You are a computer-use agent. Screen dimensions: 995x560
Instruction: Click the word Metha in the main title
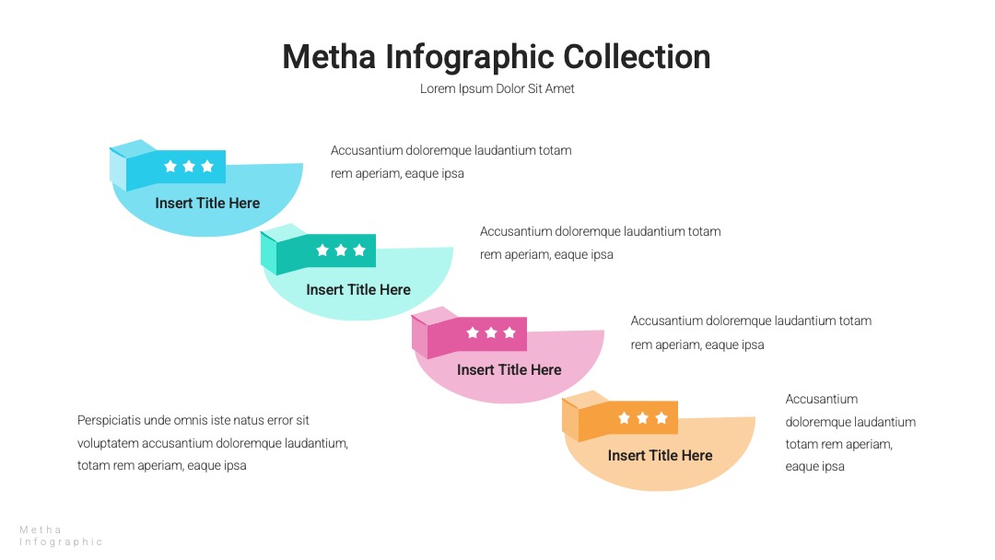point(329,56)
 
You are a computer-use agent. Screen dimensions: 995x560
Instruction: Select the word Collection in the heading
point(637,56)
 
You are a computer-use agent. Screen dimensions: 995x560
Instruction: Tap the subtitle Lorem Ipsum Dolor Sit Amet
point(497,88)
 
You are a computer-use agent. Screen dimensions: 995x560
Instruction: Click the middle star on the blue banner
point(189,166)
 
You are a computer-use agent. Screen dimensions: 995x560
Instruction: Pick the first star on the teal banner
point(322,251)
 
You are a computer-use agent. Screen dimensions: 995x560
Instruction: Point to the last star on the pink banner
point(509,332)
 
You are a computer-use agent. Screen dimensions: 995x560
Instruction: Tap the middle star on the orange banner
point(643,418)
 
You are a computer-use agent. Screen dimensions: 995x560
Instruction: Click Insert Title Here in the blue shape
point(207,203)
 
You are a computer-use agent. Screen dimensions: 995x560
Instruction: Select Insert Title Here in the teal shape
point(358,289)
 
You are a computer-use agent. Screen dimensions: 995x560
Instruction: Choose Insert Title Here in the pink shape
point(509,369)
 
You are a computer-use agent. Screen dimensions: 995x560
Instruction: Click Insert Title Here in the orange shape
point(660,455)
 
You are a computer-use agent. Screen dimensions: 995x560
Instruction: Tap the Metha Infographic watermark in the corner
point(61,536)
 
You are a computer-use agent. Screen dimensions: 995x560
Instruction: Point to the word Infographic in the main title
point(469,56)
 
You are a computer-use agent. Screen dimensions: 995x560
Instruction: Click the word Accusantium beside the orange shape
point(822,399)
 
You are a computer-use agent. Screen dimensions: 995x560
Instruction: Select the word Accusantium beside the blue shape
point(367,150)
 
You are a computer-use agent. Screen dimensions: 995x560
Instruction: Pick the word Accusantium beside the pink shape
point(667,321)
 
